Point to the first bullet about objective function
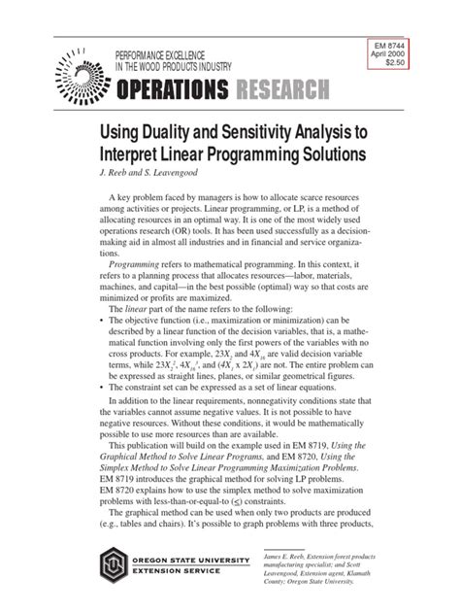(x=104, y=346)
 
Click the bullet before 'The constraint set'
(x=104, y=413)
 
